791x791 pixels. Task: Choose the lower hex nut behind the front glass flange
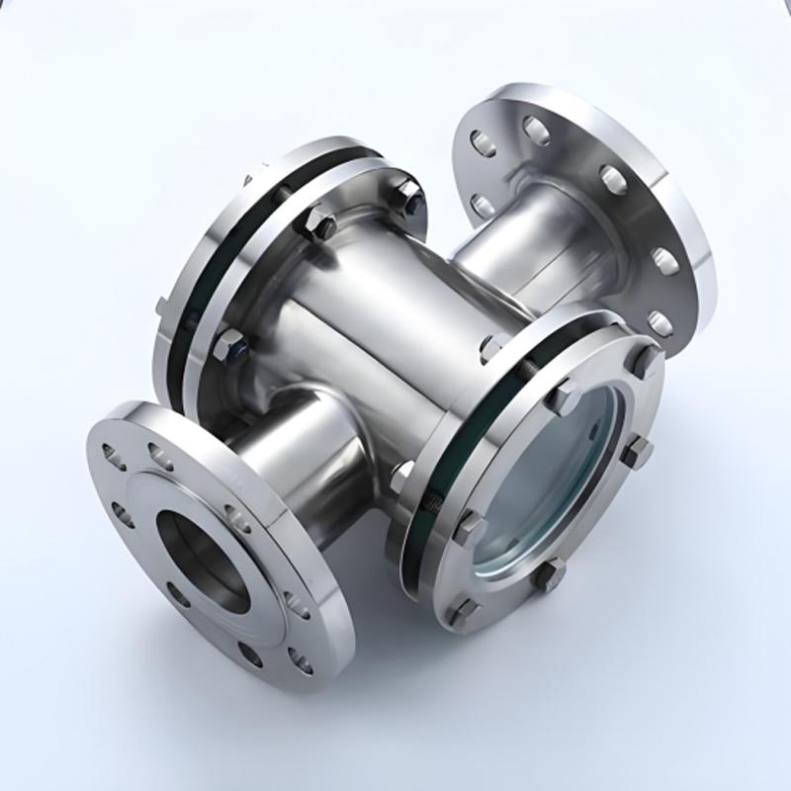click(x=399, y=475)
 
